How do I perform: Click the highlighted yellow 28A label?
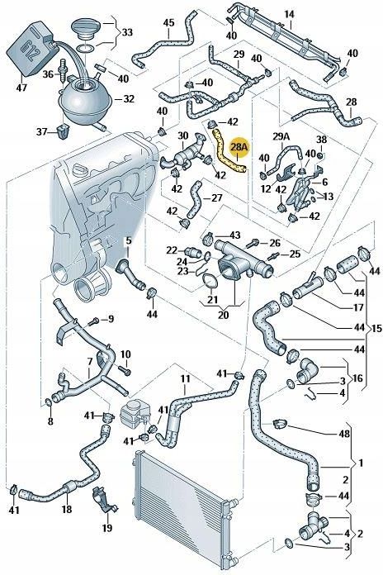(239, 149)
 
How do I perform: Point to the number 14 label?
(289, 15)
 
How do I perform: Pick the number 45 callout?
(168, 22)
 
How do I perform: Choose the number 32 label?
(128, 98)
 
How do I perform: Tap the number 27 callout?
(216, 198)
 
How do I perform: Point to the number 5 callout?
(128, 241)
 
